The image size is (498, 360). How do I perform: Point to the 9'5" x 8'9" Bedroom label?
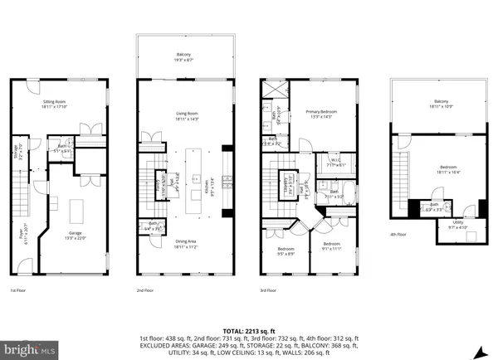(286, 251)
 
